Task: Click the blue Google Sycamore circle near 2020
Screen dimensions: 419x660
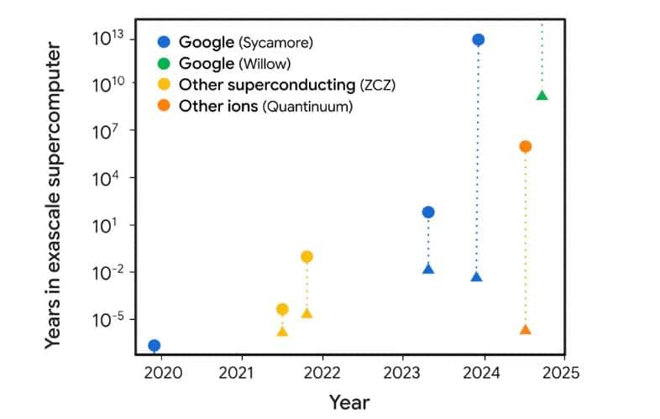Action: tap(154, 345)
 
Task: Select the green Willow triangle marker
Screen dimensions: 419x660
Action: tap(542, 95)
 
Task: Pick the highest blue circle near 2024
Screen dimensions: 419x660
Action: tap(478, 39)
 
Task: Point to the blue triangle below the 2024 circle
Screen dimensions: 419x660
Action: tap(477, 276)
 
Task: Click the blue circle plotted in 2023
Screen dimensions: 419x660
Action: tap(428, 212)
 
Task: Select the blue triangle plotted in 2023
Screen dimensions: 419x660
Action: tap(428, 269)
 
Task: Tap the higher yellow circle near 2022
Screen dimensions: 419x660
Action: tap(306, 256)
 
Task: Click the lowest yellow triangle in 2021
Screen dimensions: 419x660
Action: tap(282, 331)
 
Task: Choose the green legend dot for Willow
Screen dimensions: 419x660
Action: tap(164, 64)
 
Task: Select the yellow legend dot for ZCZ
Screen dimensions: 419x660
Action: tap(164, 85)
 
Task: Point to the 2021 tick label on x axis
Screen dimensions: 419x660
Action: tap(242, 372)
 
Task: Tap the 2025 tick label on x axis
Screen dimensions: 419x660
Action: tap(564, 372)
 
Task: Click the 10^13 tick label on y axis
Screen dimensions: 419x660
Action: tap(110, 37)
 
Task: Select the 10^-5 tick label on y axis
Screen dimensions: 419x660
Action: tap(110, 319)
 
